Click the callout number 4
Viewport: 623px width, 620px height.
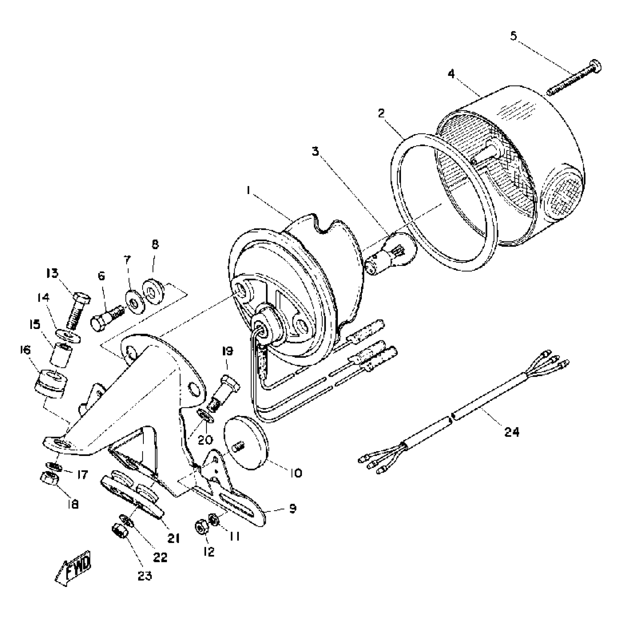[451, 74]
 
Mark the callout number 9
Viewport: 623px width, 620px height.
[293, 508]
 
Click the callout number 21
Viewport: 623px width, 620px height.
[173, 538]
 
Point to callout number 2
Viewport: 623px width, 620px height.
[381, 113]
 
